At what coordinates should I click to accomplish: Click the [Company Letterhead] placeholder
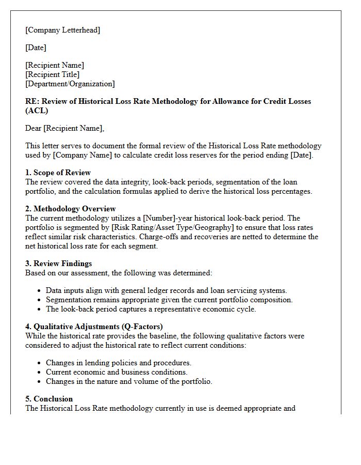point(62,30)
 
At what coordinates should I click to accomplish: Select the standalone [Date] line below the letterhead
point(36,48)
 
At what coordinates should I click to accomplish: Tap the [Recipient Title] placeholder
point(52,74)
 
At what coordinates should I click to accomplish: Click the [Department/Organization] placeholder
point(70,84)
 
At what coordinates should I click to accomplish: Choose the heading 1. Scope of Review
point(58,173)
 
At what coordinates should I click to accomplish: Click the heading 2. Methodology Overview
point(71,209)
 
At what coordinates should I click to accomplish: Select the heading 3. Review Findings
point(58,263)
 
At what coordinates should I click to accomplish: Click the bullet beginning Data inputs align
point(166,290)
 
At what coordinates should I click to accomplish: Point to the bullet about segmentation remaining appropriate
point(169,300)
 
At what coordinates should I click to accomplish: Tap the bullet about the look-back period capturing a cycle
point(151,309)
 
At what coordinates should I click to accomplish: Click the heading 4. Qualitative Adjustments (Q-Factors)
point(94,327)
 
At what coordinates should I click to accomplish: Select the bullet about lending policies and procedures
point(118,363)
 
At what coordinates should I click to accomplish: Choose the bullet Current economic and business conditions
point(117,372)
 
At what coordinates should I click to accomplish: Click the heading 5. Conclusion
point(49,399)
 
